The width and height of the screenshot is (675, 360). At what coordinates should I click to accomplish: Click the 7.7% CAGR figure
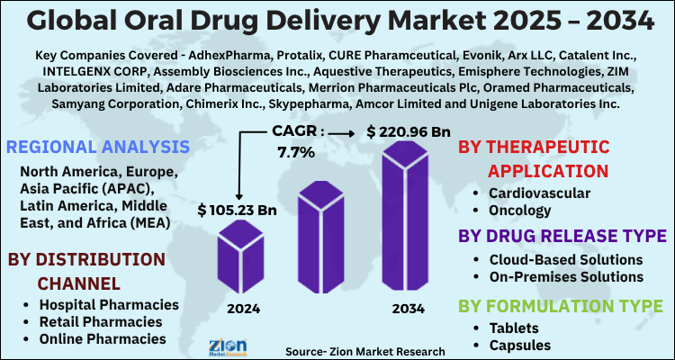294,152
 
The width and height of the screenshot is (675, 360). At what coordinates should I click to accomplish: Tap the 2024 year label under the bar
244,309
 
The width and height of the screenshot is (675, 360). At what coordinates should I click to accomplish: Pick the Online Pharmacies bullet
102,338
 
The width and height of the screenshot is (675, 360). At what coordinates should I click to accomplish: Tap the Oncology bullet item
519,211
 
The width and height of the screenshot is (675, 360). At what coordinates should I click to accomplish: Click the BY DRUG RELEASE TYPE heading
559,237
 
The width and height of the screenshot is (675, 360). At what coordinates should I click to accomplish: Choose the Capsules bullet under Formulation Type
520,345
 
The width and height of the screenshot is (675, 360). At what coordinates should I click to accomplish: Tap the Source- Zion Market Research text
364,350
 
